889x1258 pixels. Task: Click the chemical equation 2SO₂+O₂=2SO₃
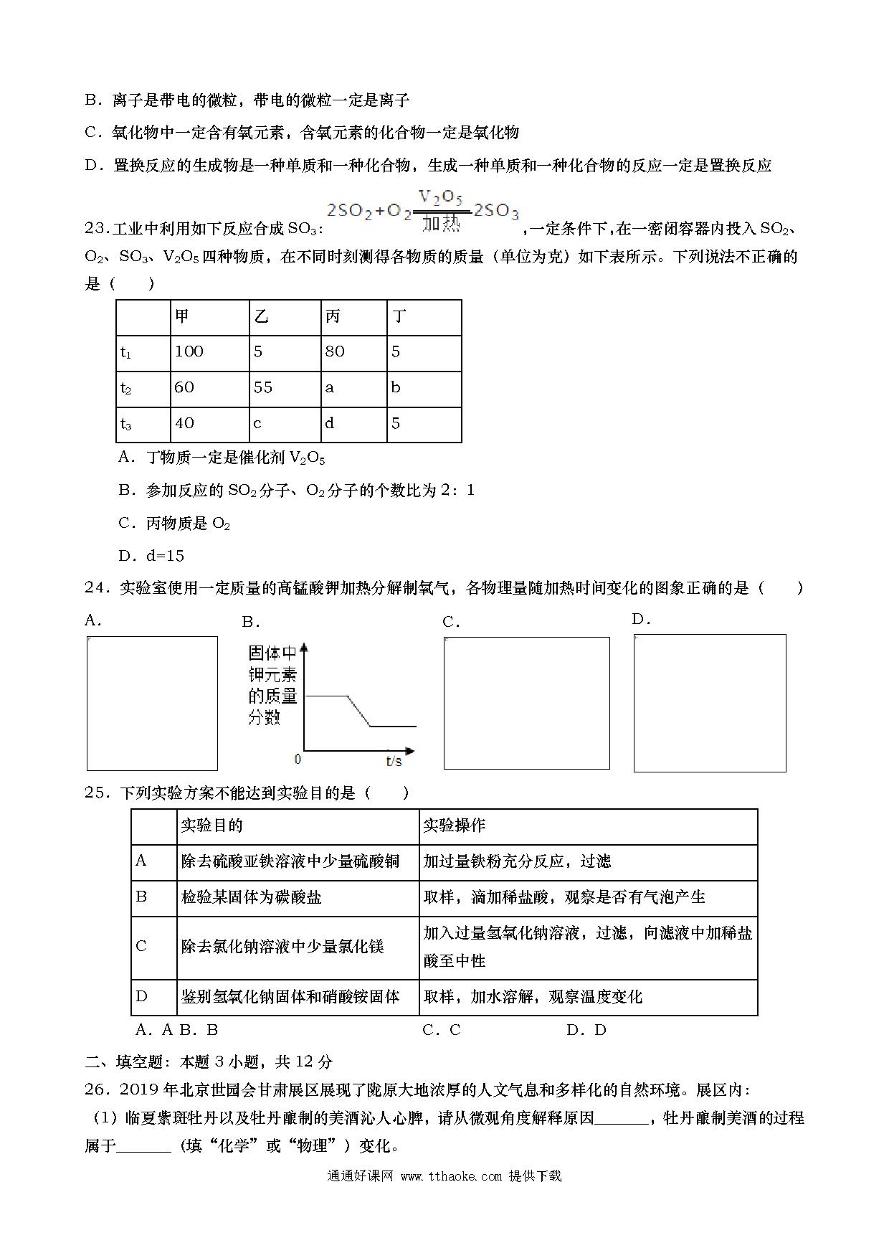(x=422, y=212)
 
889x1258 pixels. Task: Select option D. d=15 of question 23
(x=151, y=555)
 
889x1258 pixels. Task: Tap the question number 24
(x=96, y=588)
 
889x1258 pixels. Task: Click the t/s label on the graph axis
(x=394, y=760)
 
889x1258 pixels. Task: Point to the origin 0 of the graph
(x=298, y=759)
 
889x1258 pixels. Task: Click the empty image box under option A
(x=152, y=703)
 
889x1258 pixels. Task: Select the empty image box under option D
(x=710, y=703)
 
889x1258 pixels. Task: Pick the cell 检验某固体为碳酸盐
(x=252, y=897)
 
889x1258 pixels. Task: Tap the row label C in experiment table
(x=141, y=946)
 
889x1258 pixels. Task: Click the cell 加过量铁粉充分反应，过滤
(x=517, y=861)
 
